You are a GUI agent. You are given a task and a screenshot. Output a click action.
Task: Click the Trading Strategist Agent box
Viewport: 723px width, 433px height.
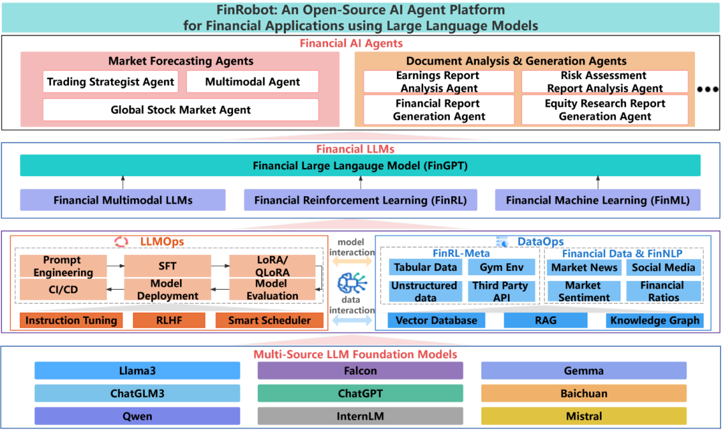110,82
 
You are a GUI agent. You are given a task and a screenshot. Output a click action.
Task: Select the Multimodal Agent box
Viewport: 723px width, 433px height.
252,82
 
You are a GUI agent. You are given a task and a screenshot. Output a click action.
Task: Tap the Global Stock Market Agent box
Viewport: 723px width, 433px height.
181,110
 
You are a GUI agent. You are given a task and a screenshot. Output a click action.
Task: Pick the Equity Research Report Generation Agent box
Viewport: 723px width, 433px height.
605,110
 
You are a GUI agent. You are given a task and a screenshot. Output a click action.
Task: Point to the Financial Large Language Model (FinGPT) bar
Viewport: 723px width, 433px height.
360,165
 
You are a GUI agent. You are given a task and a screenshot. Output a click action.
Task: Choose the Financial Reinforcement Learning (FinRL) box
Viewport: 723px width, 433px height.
360,199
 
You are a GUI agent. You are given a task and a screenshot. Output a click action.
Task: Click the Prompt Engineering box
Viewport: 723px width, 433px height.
62,266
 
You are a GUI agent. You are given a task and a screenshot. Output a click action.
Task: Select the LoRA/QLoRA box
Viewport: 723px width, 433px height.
271,266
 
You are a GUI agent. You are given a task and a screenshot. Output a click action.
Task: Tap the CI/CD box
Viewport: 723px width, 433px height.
62,290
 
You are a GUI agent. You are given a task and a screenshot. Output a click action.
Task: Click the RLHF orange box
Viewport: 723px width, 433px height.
168,321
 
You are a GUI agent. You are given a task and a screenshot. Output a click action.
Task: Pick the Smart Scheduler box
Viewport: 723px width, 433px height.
269,321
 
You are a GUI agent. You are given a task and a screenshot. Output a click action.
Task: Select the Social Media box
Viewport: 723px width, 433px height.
663,267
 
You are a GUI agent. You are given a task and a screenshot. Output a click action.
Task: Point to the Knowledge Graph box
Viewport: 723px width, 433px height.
655,321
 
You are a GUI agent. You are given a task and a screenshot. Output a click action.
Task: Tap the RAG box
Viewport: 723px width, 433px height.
545,321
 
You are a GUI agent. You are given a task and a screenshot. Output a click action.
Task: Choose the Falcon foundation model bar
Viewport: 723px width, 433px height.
360,371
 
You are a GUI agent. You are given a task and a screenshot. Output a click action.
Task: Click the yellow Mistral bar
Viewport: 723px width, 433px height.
583,416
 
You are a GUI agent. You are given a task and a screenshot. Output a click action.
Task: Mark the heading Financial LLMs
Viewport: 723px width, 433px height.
360,149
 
